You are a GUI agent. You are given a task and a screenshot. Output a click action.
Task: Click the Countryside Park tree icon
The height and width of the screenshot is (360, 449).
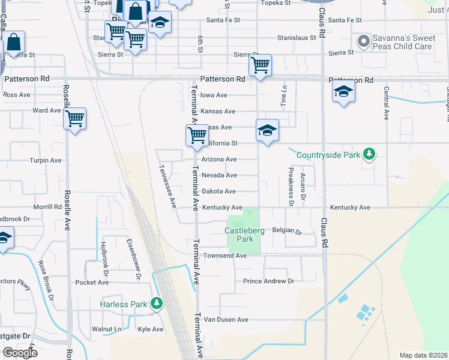pyautogui.click(x=369, y=155)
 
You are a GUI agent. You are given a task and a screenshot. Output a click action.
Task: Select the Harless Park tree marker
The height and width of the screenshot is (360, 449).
pyautogui.click(x=156, y=304)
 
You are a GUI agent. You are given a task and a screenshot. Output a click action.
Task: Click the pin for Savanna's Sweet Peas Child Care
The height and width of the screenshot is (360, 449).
pyautogui.click(x=363, y=41)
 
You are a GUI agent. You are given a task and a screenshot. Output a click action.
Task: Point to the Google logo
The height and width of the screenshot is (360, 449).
pyautogui.click(x=20, y=353)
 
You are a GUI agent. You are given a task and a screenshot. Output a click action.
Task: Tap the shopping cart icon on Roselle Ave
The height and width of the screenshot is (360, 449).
pyautogui.click(x=75, y=119)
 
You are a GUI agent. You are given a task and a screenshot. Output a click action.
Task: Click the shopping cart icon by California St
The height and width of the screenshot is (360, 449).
pyautogui.click(x=197, y=136)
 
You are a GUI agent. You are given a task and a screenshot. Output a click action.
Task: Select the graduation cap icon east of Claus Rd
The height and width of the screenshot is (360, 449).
pyautogui.click(x=343, y=92)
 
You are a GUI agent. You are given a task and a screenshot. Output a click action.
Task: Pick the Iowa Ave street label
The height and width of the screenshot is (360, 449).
pyautogui.click(x=214, y=95)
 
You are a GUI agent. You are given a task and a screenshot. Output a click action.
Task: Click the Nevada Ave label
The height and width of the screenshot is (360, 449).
pyautogui.click(x=218, y=175)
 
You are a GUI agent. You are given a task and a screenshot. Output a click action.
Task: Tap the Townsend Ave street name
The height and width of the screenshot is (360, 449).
pyautogui.click(x=224, y=256)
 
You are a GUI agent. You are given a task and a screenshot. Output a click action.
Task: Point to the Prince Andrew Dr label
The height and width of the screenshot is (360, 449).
pyautogui.click(x=268, y=281)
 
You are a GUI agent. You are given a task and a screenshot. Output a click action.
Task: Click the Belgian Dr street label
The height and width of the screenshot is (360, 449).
pyautogui.click(x=286, y=230)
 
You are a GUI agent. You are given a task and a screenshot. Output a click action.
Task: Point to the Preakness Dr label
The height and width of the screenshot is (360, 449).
pyautogui.click(x=290, y=186)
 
